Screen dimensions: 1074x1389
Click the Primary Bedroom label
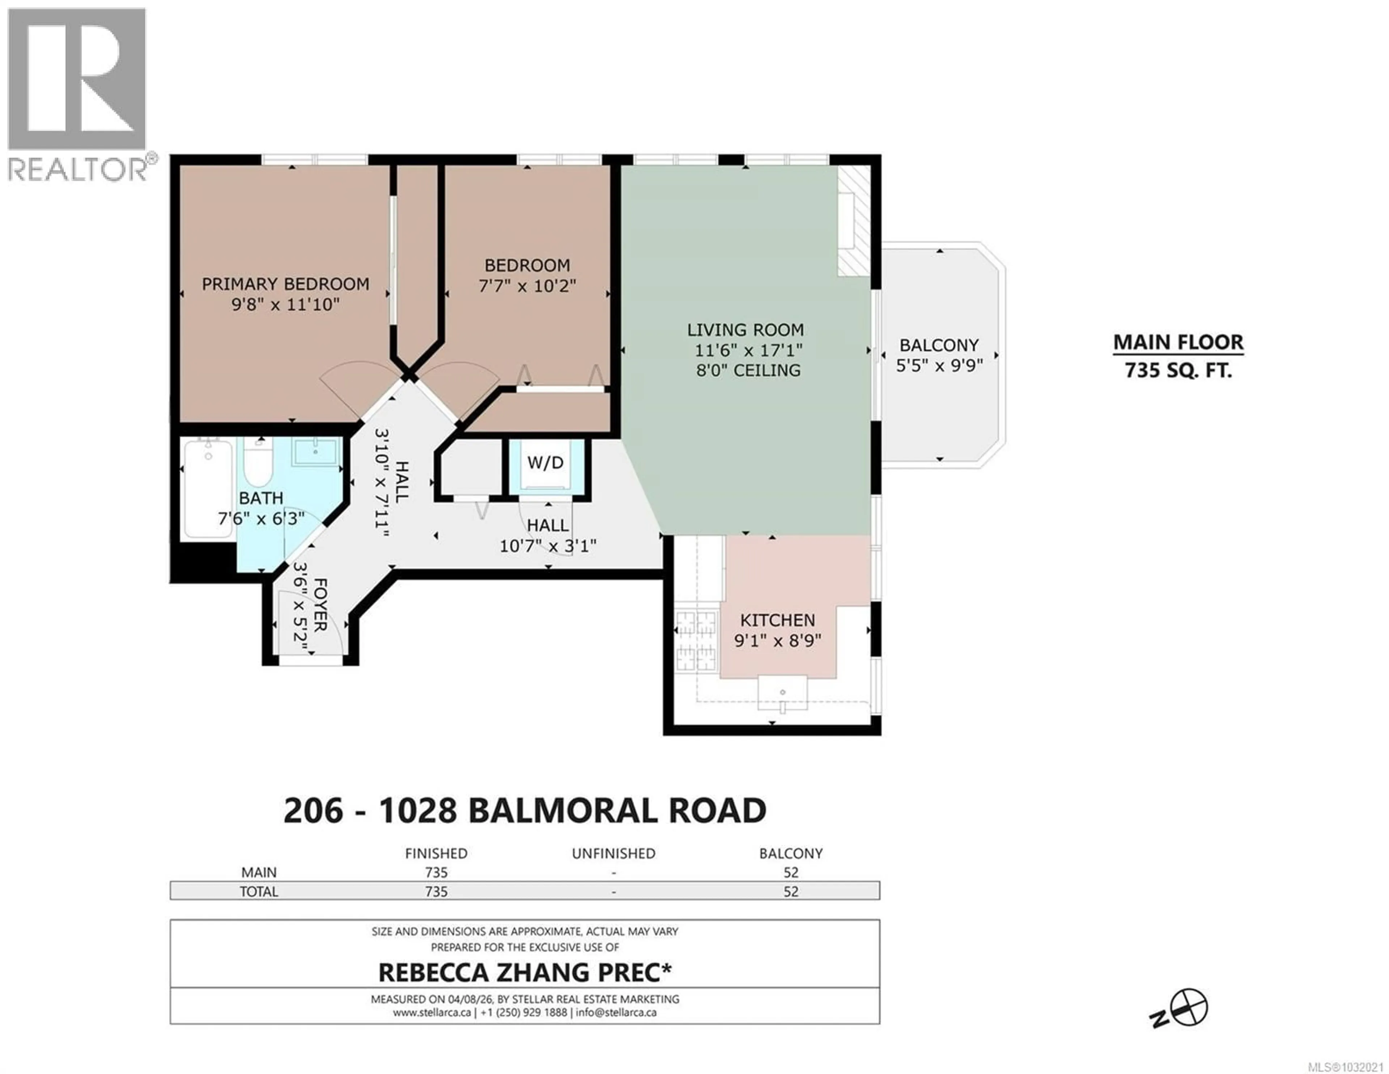click(x=285, y=284)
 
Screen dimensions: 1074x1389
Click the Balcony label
click(x=939, y=345)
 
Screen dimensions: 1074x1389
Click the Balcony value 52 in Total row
click(x=790, y=891)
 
